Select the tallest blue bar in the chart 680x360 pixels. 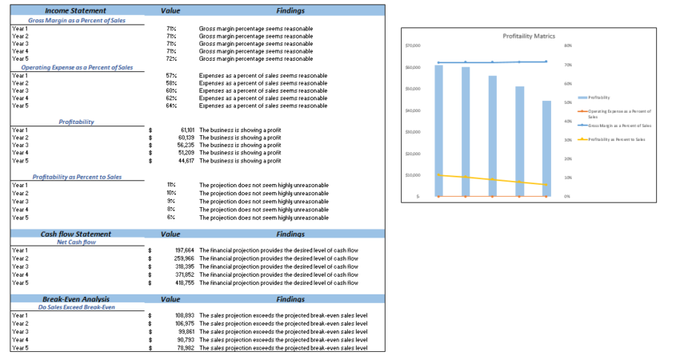[x=438, y=128]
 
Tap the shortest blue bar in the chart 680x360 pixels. [x=546, y=148]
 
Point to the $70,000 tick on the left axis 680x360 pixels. [x=412, y=46]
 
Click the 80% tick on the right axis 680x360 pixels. [x=568, y=46]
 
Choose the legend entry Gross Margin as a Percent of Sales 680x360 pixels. [x=619, y=126]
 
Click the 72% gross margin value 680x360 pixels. [x=171, y=58]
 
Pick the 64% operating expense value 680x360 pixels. [x=171, y=106]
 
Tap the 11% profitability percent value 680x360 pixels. [x=171, y=185]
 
